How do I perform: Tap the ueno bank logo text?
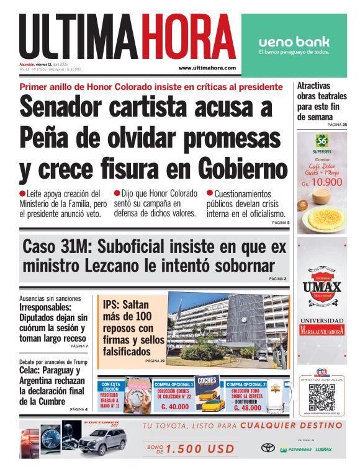tap(294, 42)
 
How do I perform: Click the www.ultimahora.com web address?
tap(207, 68)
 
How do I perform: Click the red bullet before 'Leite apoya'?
tap(22, 193)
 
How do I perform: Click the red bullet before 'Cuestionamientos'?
tap(210, 193)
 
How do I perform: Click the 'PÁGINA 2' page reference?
tap(277, 279)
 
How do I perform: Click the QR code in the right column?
tap(322, 397)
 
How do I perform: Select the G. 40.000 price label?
tap(174, 407)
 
